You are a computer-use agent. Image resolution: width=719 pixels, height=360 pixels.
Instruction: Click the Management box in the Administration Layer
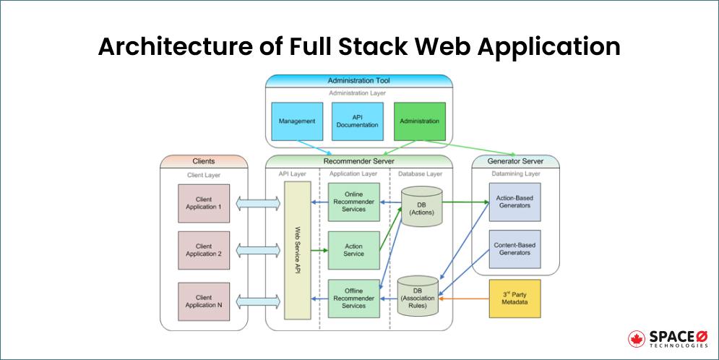pos(297,121)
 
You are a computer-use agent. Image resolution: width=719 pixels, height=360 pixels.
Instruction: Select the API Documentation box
pos(357,121)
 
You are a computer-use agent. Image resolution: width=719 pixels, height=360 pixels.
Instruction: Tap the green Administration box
pos(420,121)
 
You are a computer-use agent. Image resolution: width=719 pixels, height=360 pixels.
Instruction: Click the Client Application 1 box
pos(204,203)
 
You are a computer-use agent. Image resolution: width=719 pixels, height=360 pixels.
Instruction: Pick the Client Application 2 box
pos(204,250)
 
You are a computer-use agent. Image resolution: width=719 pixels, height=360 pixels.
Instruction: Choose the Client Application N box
pos(204,301)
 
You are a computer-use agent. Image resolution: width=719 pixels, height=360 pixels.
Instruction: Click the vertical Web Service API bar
pos(297,250)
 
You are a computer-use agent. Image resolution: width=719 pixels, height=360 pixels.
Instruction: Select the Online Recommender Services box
pos(354,202)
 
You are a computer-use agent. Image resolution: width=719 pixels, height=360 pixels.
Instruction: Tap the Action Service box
pos(354,250)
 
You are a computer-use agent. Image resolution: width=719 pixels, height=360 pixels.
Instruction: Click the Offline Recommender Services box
pos(354,298)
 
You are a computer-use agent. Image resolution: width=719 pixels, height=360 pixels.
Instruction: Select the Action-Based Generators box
pos(515,202)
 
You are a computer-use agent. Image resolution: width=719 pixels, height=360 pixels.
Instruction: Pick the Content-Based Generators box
pos(515,249)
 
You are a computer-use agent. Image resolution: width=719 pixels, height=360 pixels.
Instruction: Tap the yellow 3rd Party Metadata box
pos(515,298)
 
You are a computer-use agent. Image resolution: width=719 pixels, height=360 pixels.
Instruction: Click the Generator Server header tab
pos(515,161)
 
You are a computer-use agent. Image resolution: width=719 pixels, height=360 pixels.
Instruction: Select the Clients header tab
pos(204,161)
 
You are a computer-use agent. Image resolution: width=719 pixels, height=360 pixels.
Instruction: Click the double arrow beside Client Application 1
pos(258,203)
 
